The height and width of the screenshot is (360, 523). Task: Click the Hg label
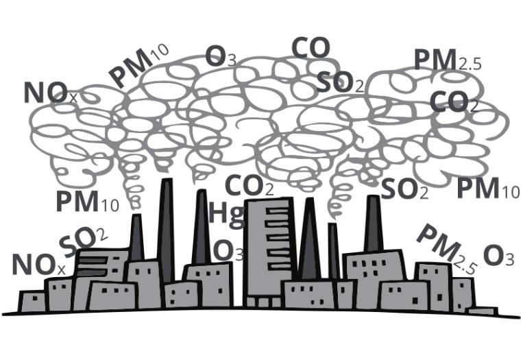227,214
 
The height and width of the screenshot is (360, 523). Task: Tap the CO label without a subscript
311,48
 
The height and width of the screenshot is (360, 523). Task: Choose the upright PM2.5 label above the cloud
448,60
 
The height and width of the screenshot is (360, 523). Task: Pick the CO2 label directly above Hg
249,186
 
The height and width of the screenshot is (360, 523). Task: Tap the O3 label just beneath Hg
228,251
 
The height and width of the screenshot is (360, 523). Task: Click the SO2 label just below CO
339,82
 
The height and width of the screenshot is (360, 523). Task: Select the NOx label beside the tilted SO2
38,265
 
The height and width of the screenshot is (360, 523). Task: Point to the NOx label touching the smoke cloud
51,93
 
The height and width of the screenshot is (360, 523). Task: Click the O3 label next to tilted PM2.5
498,256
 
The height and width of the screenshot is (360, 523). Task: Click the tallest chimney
166,230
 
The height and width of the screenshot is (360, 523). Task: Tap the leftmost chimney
136,237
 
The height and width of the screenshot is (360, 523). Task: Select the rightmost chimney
374,224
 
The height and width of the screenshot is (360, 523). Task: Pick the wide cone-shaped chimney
310,239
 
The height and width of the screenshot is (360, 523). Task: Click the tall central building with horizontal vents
270,250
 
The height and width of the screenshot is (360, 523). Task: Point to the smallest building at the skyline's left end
32,301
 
